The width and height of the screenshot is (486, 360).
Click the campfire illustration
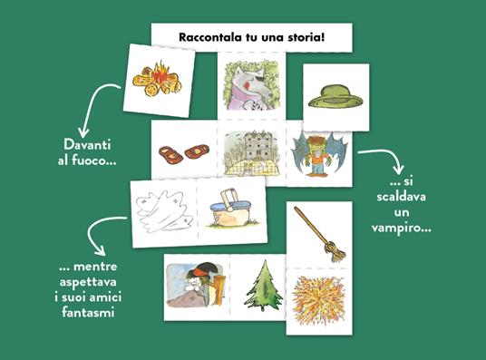pyautogui.click(x=157, y=79)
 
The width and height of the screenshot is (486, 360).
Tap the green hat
pyautogui.click(x=335, y=97)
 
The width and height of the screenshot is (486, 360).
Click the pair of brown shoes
pyautogui.click(x=184, y=154)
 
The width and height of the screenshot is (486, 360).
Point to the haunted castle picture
pyautogui.click(x=252, y=152)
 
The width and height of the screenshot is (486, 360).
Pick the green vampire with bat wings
pyautogui.click(x=319, y=153)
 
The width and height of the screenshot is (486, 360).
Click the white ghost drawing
pyautogui.click(x=163, y=211)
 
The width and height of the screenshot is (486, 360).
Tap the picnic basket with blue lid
pyautogui.click(x=232, y=209)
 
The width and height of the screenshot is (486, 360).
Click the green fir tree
pyautogui.click(x=264, y=286)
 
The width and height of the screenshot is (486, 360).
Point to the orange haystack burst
pyautogui.click(x=318, y=300)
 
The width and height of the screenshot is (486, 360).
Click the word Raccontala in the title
pyautogui.click(x=209, y=37)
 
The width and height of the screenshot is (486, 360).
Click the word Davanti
pyautogui.click(x=87, y=144)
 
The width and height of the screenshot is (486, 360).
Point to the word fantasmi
pyautogui.click(x=88, y=312)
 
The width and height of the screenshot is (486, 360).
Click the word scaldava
pyautogui.click(x=402, y=197)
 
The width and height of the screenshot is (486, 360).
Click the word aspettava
pyautogui.click(x=88, y=282)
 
